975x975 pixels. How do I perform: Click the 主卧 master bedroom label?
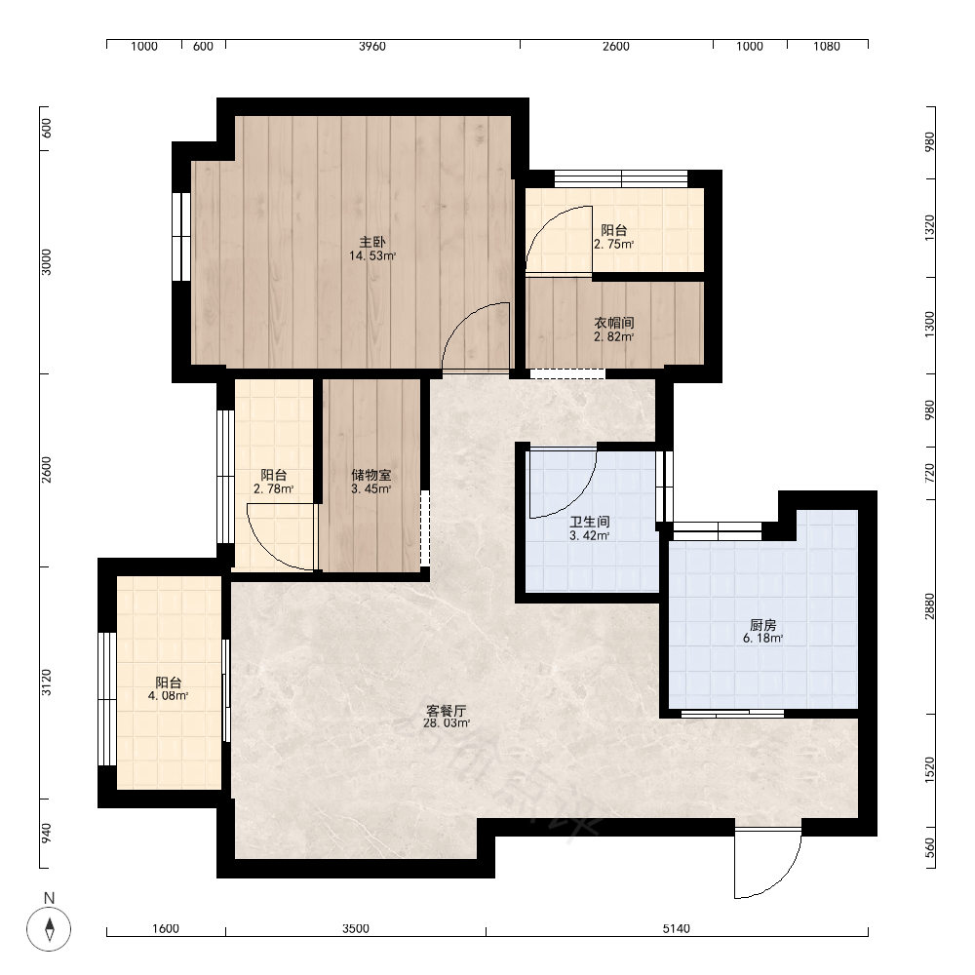coord(371,242)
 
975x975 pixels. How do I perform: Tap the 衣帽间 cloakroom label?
coord(613,323)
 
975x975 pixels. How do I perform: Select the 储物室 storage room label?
coord(371,475)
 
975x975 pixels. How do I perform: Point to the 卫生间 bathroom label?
coord(590,522)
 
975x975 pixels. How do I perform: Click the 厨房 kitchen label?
coord(763,625)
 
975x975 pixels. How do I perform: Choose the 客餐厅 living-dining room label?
coord(447,710)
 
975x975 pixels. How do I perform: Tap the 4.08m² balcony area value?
coord(168,696)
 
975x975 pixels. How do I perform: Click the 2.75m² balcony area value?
coord(613,245)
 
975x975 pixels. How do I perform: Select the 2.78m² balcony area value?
coord(274,489)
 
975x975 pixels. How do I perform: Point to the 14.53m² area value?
coord(371,255)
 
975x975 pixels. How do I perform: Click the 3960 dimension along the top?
coord(371,46)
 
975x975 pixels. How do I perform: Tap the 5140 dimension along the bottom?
coord(676,929)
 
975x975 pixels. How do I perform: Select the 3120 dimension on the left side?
coord(47,682)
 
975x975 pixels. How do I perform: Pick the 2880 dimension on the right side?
coord(929,605)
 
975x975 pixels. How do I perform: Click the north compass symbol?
coord(49,929)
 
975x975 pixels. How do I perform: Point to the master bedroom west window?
coord(181,236)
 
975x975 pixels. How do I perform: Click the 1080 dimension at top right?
coord(827,46)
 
